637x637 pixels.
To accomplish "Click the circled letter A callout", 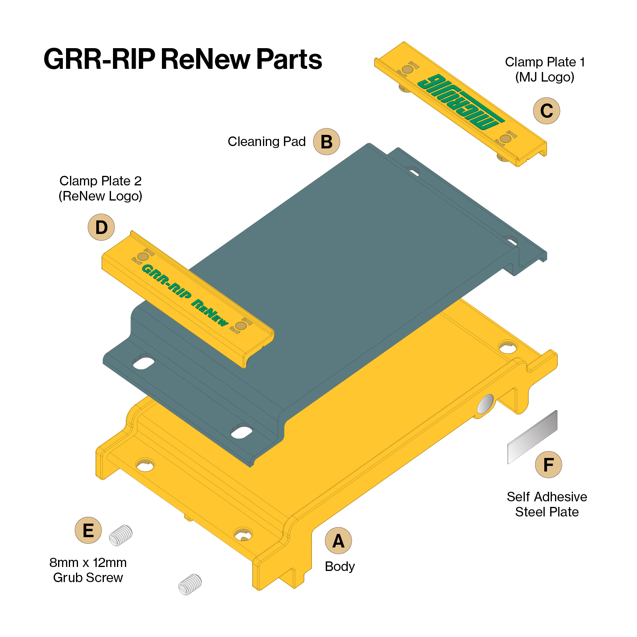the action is click(338, 541).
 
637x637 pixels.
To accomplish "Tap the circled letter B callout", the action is click(326, 142).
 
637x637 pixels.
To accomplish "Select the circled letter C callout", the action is click(546, 111).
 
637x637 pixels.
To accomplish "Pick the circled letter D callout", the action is click(101, 227).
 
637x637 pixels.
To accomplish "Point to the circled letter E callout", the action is click(88, 530).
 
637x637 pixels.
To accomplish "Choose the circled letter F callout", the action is click(548, 465).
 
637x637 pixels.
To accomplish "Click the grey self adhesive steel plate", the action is click(532, 437).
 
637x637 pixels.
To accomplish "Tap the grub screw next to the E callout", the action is click(121, 536).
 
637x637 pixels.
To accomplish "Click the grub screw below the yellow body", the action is click(190, 584).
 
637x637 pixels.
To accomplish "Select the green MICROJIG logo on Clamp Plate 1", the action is click(461, 101).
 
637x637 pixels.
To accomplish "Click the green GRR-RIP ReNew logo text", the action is click(185, 295).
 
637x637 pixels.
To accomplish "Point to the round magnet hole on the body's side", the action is click(485, 404).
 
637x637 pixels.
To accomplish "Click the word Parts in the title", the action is click(289, 59).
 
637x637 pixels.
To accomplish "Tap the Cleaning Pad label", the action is click(267, 142).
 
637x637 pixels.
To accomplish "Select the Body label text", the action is click(340, 566).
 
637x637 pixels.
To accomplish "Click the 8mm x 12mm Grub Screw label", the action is click(88, 570).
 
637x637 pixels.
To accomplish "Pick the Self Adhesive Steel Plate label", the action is click(547, 504).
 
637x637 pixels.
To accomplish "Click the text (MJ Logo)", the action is click(545, 77).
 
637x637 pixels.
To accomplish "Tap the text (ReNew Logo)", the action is click(100, 196).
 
